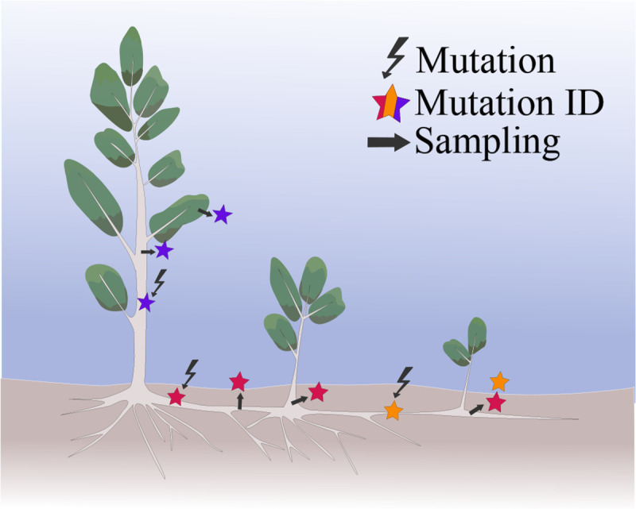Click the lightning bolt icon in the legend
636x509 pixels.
pyautogui.click(x=395, y=58)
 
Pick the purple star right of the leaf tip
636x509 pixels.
pyautogui.click(x=222, y=214)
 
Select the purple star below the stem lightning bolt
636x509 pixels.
pyautogui.click(x=145, y=303)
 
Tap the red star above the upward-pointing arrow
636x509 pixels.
pyautogui.click(x=239, y=382)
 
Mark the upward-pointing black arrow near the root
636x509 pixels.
pyautogui.click(x=240, y=402)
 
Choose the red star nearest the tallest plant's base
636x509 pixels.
pyautogui.click(x=176, y=396)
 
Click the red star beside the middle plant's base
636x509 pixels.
pyautogui.click(x=318, y=391)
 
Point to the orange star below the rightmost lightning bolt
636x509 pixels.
pyautogui.click(x=393, y=411)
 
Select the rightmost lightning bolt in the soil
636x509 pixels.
pyautogui.click(x=404, y=380)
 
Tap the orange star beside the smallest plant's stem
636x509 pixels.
pyautogui.click(x=498, y=381)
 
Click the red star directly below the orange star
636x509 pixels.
pyautogui.click(x=496, y=403)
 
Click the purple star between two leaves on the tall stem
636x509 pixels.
pyautogui.click(x=163, y=251)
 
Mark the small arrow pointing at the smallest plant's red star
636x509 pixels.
pyautogui.click(x=475, y=410)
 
